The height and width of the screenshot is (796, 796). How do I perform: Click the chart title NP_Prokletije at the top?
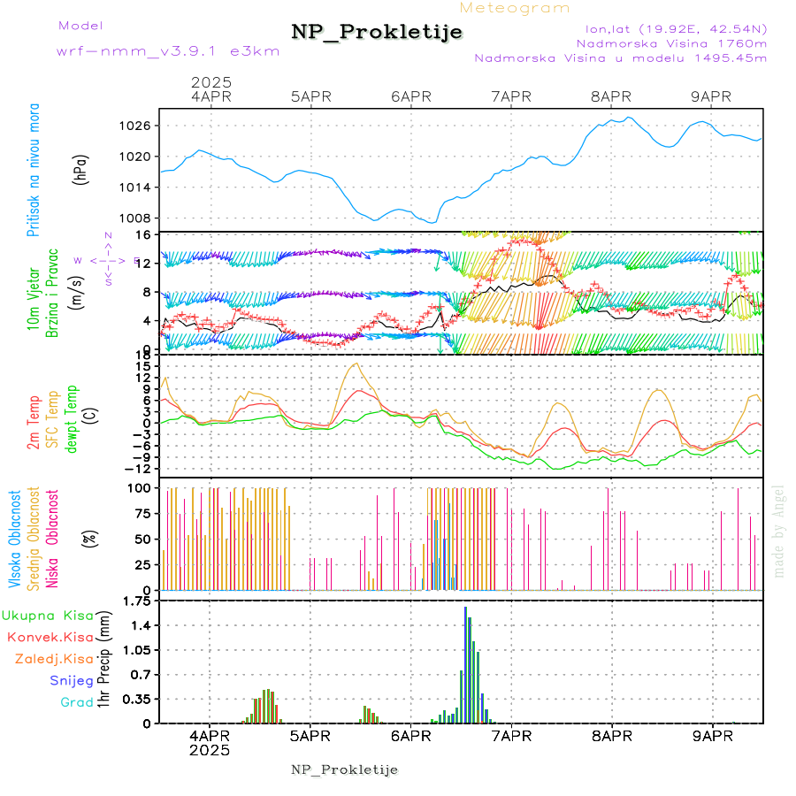(x=377, y=33)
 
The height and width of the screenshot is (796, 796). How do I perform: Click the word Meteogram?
(x=516, y=8)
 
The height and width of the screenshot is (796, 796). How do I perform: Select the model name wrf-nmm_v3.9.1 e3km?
(x=168, y=51)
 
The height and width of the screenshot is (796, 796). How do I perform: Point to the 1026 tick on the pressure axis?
(x=135, y=126)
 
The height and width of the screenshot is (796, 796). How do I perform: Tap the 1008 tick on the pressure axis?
(x=135, y=218)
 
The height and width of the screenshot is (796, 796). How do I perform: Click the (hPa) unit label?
(x=81, y=169)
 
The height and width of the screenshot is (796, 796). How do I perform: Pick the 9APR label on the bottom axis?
(x=711, y=735)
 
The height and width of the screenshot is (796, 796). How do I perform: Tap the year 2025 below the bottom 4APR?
(x=210, y=750)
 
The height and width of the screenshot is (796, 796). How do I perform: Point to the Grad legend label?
(x=76, y=702)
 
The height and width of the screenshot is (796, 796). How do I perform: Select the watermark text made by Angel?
(x=779, y=531)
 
